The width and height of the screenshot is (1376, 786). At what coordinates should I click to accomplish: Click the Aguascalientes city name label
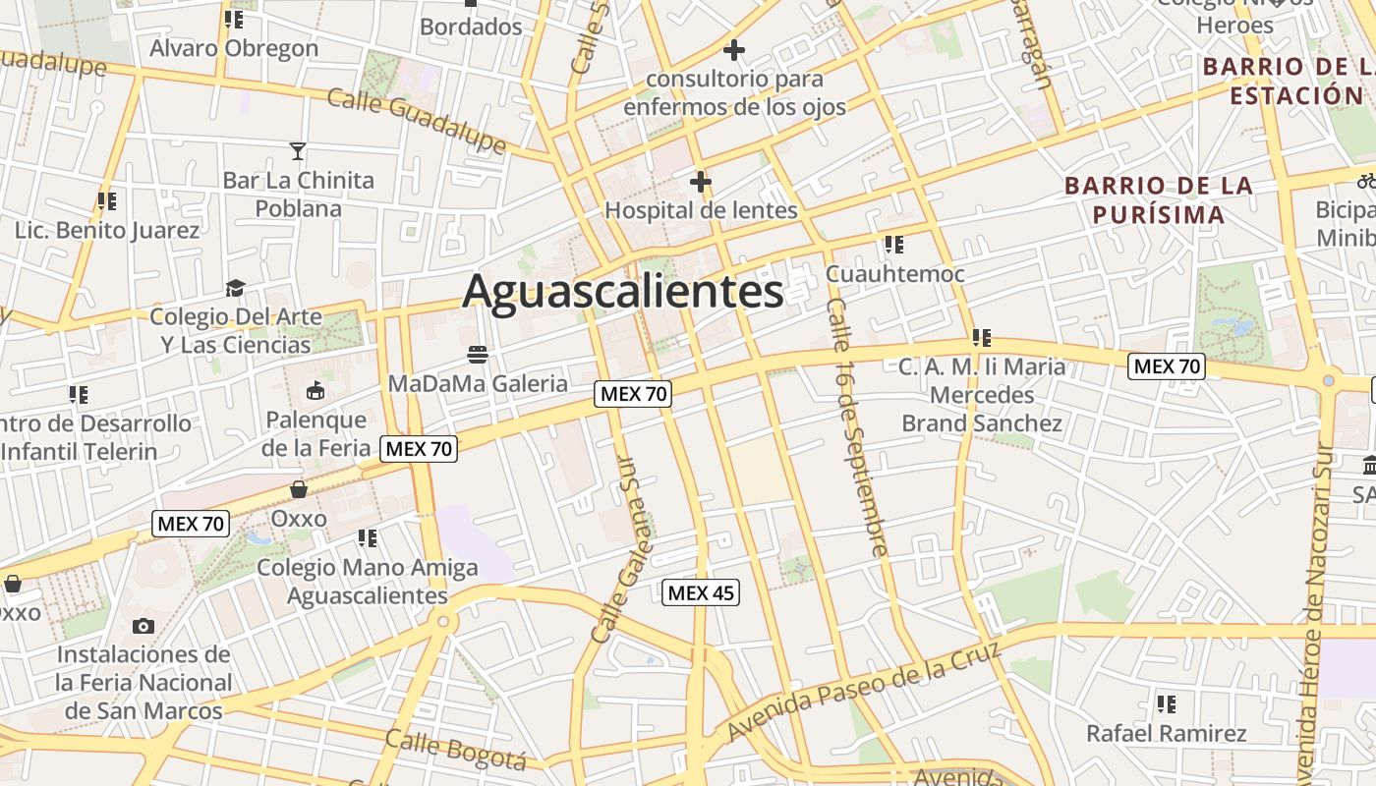pyautogui.click(x=623, y=292)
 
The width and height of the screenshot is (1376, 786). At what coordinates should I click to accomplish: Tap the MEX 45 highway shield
pyautogui.click(x=700, y=592)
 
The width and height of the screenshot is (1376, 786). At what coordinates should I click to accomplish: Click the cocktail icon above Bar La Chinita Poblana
pyautogui.click(x=298, y=150)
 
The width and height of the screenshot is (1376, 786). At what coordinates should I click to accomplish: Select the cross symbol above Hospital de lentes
pyautogui.click(x=700, y=182)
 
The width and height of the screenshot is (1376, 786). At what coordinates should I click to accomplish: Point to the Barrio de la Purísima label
pyautogui.click(x=1158, y=199)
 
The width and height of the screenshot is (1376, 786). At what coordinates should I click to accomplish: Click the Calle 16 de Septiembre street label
pyautogui.click(x=858, y=427)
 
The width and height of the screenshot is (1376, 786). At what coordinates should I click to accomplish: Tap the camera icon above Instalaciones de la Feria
pyautogui.click(x=143, y=626)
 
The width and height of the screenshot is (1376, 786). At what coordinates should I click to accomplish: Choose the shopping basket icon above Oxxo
pyautogui.click(x=298, y=489)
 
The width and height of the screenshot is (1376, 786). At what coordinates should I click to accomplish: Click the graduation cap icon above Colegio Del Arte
pyautogui.click(x=235, y=288)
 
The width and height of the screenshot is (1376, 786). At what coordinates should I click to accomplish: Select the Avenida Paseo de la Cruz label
pyautogui.click(x=865, y=691)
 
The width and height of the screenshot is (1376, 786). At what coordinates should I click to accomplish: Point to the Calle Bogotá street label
pyautogui.click(x=455, y=750)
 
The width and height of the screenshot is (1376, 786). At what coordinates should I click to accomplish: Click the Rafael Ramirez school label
pyautogui.click(x=1166, y=733)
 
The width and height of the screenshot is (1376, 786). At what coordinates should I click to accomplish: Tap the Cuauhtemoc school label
pyautogui.click(x=894, y=273)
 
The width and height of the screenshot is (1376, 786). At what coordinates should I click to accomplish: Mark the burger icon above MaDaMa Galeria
pyautogui.click(x=478, y=354)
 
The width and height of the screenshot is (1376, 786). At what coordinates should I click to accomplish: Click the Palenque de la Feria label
pyautogui.click(x=315, y=433)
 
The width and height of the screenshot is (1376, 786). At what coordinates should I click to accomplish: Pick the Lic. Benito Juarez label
pyautogui.click(x=107, y=230)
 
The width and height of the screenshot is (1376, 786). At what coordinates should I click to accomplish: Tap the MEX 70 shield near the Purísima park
pyautogui.click(x=1166, y=366)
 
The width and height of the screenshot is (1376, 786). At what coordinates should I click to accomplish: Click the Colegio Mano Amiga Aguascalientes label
pyautogui.click(x=367, y=582)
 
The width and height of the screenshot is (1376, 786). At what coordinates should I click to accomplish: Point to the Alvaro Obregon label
pyautogui.click(x=234, y=47)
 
